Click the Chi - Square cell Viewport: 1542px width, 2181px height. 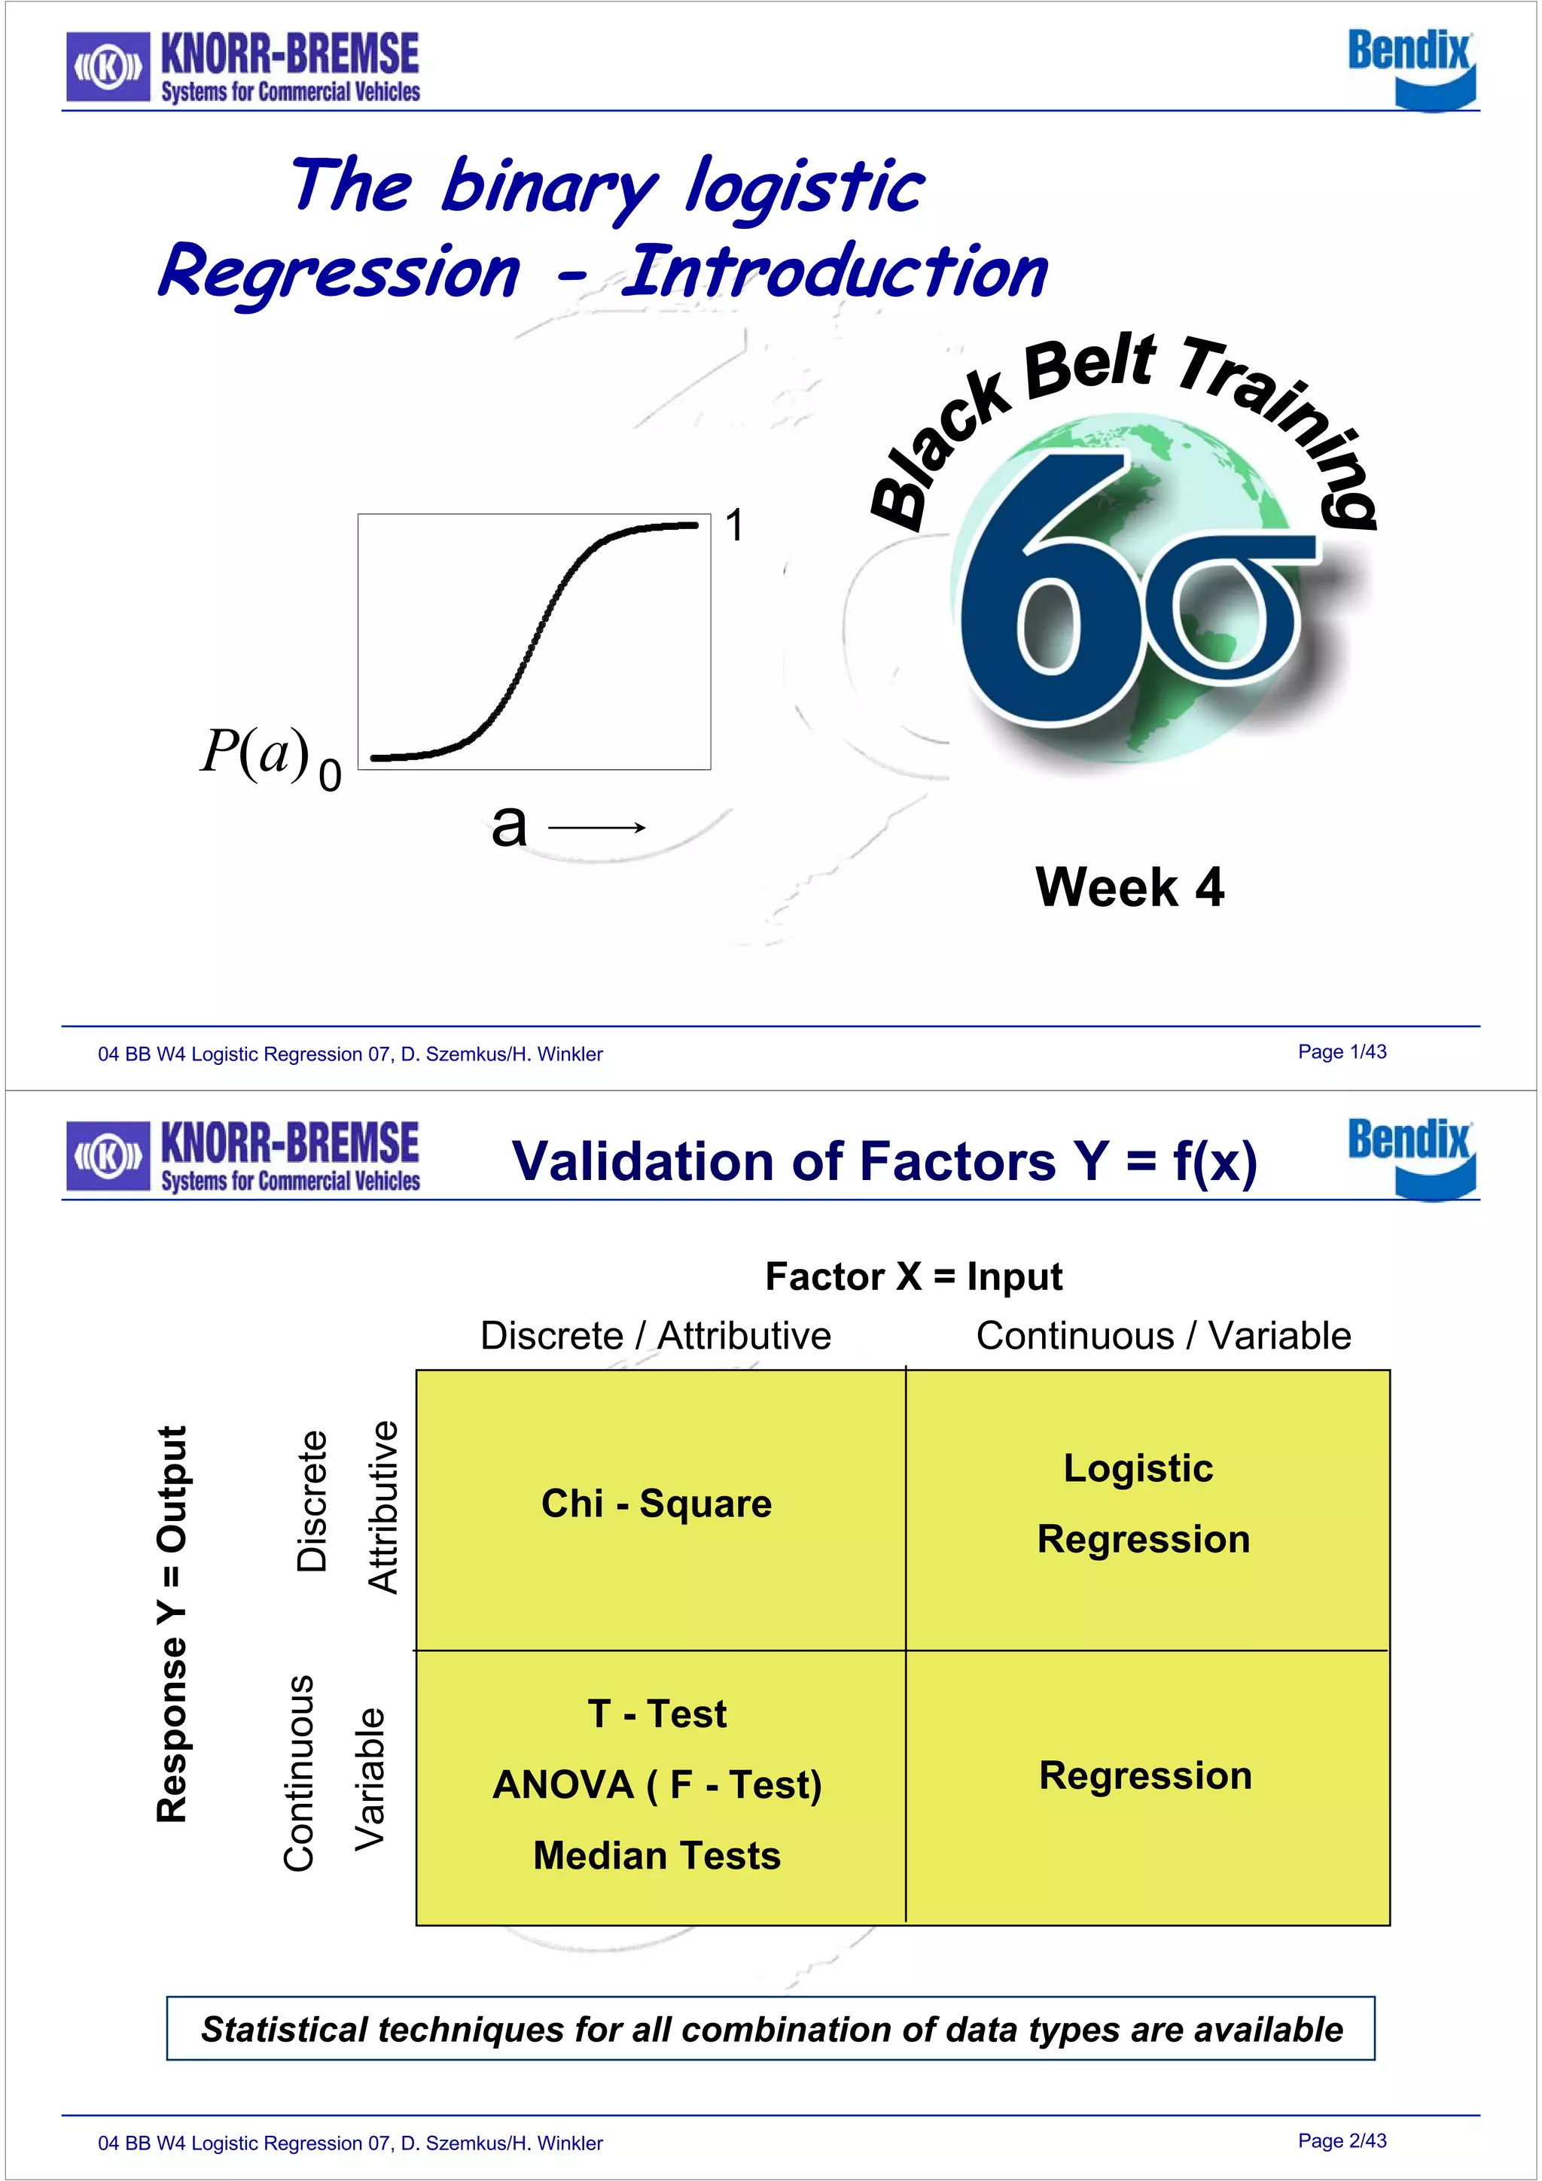[x=657, y=1504]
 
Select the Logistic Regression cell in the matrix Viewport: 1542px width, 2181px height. [x=1143, y=1503]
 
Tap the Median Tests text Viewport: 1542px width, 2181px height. [x=657, y=1856]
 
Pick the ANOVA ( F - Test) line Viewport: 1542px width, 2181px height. [x=657, y=1785]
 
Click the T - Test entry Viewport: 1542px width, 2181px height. [x=657, y=1714]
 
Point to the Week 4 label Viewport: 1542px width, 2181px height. [x=1129, y=887]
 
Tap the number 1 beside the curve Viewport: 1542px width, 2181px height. [x=734, y=525]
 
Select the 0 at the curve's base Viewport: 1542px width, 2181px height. [x=330, y=777]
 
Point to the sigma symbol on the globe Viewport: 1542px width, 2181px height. [x=1235, y=608]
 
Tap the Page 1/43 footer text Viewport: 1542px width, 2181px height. [x=1342, y=1051]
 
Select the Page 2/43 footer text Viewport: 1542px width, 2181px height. [x=1342, y=2140]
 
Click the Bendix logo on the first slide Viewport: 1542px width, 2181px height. [x=1411, y=66]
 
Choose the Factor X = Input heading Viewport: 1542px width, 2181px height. [x=913, y=1276]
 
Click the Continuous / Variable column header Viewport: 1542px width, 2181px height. [x=1163, y=1336]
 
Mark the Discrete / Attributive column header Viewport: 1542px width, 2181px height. [x=656, y=1336]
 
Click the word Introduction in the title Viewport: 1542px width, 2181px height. [x=835, y=272]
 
